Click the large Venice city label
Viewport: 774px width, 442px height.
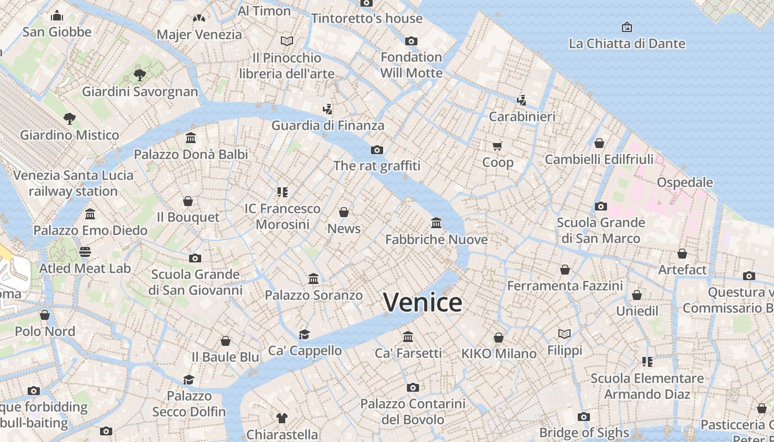[422, 302]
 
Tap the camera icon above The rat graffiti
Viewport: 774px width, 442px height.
[377, 150]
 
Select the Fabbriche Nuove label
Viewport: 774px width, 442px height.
[436, 239]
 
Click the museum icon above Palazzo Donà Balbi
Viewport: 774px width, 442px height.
[191, 138]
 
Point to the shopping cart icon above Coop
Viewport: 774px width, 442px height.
[498, 146]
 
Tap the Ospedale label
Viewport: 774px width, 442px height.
[684, 182]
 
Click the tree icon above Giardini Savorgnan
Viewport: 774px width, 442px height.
[140, 75]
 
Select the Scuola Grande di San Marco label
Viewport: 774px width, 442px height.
[601, 230]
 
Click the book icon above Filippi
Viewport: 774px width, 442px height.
[564, 334]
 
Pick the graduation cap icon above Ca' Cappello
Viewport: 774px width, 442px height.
[305, 334]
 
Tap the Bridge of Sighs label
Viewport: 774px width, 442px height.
[584, 433]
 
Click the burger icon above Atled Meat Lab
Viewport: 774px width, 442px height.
[85, 252]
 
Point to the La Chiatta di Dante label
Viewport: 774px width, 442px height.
[627, 44]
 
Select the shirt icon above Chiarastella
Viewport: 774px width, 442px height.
[282, 418]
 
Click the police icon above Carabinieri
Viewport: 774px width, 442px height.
[521, 100]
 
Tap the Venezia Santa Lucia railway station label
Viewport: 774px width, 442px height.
[73, 183]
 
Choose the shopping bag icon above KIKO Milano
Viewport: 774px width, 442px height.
[499, 337]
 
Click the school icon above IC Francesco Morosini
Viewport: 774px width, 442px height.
[283, 192]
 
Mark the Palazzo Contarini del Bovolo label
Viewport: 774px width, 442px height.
[412, 412]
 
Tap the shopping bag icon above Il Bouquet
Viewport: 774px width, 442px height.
[188, 201]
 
